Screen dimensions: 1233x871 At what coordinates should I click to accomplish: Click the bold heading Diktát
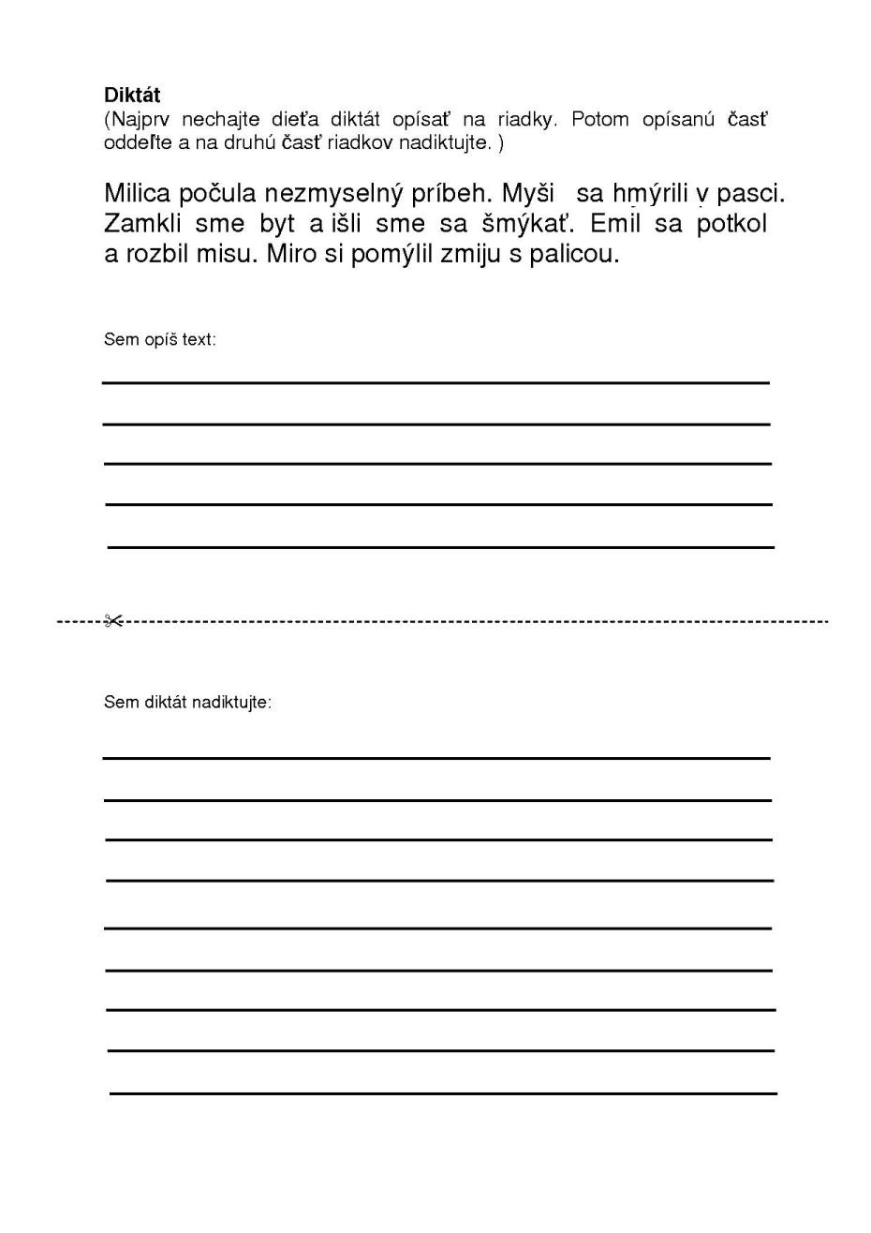pyautogui.click(x=132, y=96)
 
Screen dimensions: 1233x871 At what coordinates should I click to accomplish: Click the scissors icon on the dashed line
pyautogui.click(x=113, y=620)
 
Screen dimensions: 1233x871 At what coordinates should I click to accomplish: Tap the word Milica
pyautogui.click(x=138, y=194)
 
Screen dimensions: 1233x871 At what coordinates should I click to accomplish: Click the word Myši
pyautogui.click(x=529, y=194)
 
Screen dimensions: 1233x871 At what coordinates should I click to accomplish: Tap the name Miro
pyautogui.click(x=292, y=254)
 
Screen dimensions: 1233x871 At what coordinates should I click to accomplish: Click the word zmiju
pyautogui.click(x=471, y=255)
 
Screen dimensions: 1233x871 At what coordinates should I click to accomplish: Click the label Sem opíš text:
pyautogui.click(x=159, y=340)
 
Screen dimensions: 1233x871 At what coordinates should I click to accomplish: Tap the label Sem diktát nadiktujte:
pyautogui.click(x=187, y=703)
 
